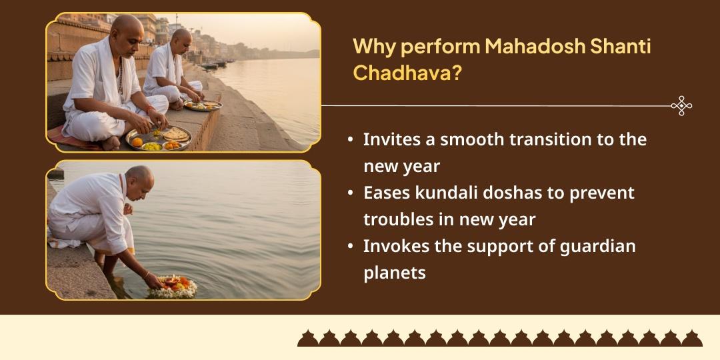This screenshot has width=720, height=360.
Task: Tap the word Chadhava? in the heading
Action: (x=407, y=73)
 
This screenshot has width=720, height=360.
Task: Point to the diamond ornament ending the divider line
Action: (x=681, y=106)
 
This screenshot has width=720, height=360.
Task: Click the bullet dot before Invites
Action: (x=350, y=141)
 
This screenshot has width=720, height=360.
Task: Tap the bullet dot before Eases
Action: (x=350, y=194)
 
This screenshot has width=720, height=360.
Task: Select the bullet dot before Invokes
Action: (x=350, y=247)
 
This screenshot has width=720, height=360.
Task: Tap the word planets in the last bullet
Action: (x=394, y=273)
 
